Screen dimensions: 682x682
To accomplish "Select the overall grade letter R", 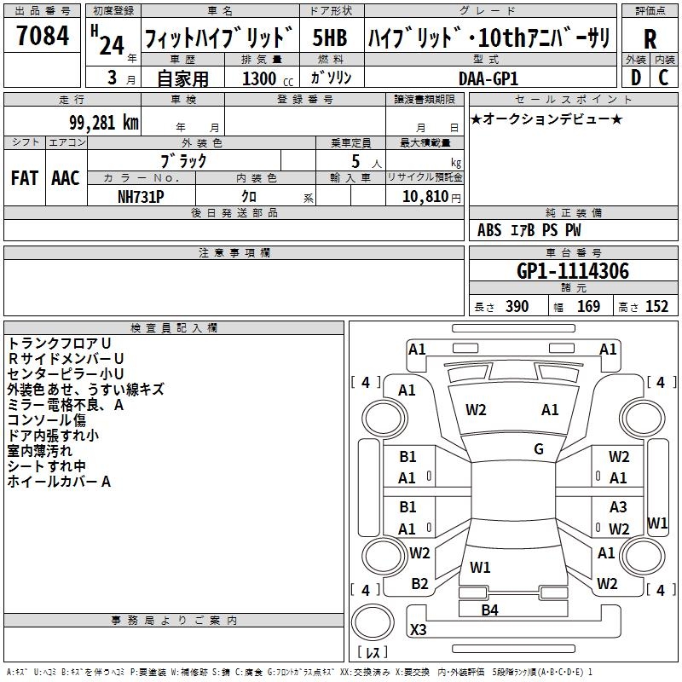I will (x=650, y=39).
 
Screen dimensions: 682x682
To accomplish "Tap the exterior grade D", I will (x=636, y=77).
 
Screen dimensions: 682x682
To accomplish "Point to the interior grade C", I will (x=663, y=77).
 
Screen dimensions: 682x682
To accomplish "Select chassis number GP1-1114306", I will (x=573, y=271).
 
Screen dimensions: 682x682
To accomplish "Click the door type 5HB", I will (x=329, y=38).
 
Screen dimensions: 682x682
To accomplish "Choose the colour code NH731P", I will (x=142, y=196).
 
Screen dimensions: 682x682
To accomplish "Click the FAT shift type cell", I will (x=24, y=178).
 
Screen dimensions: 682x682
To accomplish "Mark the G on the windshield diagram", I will (x=539, y=448).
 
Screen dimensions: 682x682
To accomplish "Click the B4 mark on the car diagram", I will (x=489, y=610).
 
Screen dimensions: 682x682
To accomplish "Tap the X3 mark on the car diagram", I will (x=419, y=629).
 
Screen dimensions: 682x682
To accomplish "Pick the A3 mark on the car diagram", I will (x=618, y=507).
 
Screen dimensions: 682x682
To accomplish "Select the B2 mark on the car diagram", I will (x=419, y=584).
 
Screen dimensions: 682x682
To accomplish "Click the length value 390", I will (x=517, y=307).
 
